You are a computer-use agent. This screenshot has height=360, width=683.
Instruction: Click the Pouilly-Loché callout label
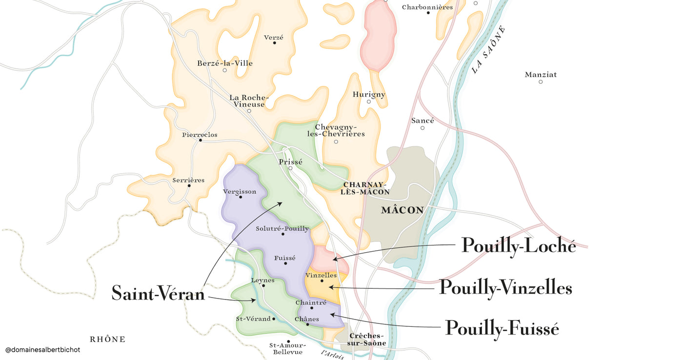(x=519, y=245)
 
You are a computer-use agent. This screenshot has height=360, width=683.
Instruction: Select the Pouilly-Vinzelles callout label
(x=505, y=287)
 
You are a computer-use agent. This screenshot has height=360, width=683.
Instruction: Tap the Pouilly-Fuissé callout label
(x=502, y=328)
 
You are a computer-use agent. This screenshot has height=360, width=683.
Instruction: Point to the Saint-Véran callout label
(x=158, y=293)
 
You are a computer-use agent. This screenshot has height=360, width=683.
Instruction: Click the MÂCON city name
(x=402, y=210)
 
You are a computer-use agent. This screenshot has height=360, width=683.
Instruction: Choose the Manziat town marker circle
(x=541, y=82)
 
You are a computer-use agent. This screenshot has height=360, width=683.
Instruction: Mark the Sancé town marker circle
(x=422, y=128)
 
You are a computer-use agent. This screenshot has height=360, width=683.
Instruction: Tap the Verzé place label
(x=274, y=37)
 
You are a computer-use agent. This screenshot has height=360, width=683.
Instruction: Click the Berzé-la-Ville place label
(x=225, y=63)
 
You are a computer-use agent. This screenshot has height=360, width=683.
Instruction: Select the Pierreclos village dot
(x=201, y=140)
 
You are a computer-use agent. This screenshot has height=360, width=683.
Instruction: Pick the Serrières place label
(x=188, y=180)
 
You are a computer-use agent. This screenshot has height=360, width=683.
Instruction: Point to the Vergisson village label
(x=240, y=191)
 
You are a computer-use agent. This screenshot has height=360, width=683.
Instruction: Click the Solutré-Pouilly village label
(x=282, y=228)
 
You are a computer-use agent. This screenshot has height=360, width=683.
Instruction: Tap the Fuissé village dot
(x=285, y=263)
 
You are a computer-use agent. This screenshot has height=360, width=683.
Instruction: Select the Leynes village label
(x=263, y=280)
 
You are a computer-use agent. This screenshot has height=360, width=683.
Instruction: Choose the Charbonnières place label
(x=427, y=7)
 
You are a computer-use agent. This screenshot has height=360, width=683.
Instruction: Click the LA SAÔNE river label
(x=488, y=49)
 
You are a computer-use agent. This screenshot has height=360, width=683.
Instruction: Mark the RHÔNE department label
(x=108, y=339)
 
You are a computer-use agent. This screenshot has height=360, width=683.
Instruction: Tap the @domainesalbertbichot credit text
(x=42, y=350)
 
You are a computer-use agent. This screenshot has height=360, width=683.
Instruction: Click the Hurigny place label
(x=369, y=94)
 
